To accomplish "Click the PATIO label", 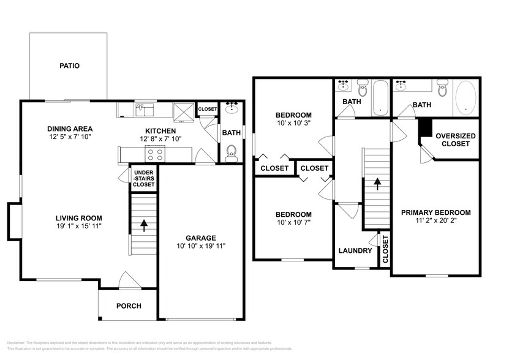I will click(69, 66).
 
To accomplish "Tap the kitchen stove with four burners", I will click(155, 154).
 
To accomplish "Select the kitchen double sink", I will click(145, 110).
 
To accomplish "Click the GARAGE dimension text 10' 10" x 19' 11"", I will click(201, 247).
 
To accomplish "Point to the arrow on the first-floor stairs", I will click(144, 225).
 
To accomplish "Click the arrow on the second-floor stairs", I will click(377, 182).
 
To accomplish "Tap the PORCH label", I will click(129, 306).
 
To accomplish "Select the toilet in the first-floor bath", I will click(231, 153).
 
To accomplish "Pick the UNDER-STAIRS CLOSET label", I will click(144, 178).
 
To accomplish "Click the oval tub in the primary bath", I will click(467, 98).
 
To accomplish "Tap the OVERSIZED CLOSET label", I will click(455, 140).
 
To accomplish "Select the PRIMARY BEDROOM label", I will click(435, 212).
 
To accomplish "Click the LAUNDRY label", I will click(355, 250).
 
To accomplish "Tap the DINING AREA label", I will click(70, 129).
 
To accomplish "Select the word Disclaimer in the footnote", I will click(20, 342).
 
